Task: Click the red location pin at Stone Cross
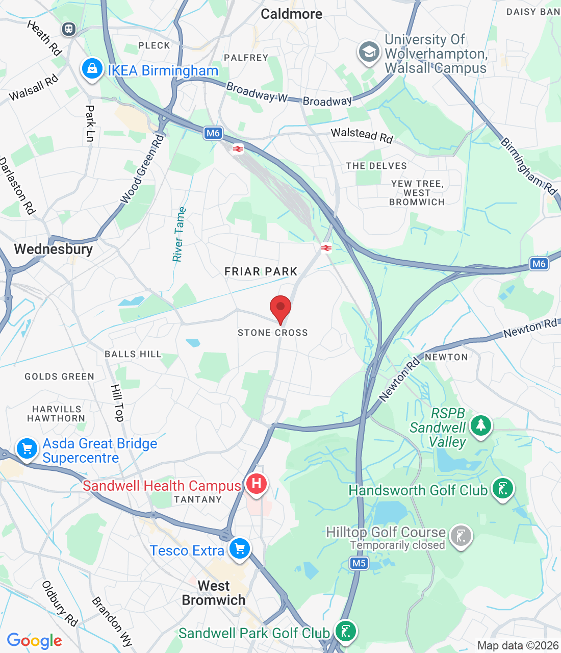(280, 308)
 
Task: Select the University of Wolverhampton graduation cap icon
(369, 52)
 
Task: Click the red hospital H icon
(257, 483)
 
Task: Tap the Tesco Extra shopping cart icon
(240, 549)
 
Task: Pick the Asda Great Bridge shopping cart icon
(27, 449)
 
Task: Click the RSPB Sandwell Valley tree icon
(480, 425)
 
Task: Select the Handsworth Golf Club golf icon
(503, 489)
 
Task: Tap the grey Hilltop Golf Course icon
(461, 536)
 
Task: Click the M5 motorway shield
(359, 563)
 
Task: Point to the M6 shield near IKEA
(213, 133)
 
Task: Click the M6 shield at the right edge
(539, 264)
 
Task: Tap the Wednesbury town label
(54, 249)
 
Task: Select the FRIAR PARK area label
(261, 271)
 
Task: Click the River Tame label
(179, 235)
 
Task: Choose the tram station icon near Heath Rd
(69, 29)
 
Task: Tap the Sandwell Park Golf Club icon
(346, 631)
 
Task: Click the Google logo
(35, 641)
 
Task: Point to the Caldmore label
(291, 14)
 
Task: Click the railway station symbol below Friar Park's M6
(326, 248)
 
